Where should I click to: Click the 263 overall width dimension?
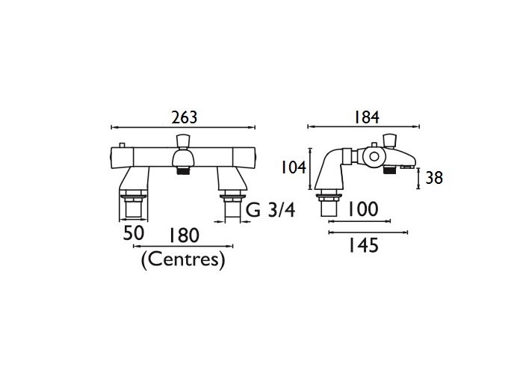tap(185, 117)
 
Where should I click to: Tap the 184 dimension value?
tap(366, 117)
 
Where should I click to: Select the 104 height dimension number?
tap(294, 167)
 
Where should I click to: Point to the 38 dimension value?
tap(434, 178)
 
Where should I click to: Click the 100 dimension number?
tap(363, 209)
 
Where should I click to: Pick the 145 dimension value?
tap(364, 245)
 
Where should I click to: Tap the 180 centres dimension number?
tap(184, 235)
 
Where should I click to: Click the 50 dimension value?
tap(134, 233)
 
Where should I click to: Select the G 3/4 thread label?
tap(270, 210)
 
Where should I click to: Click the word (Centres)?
tap(183, 259)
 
